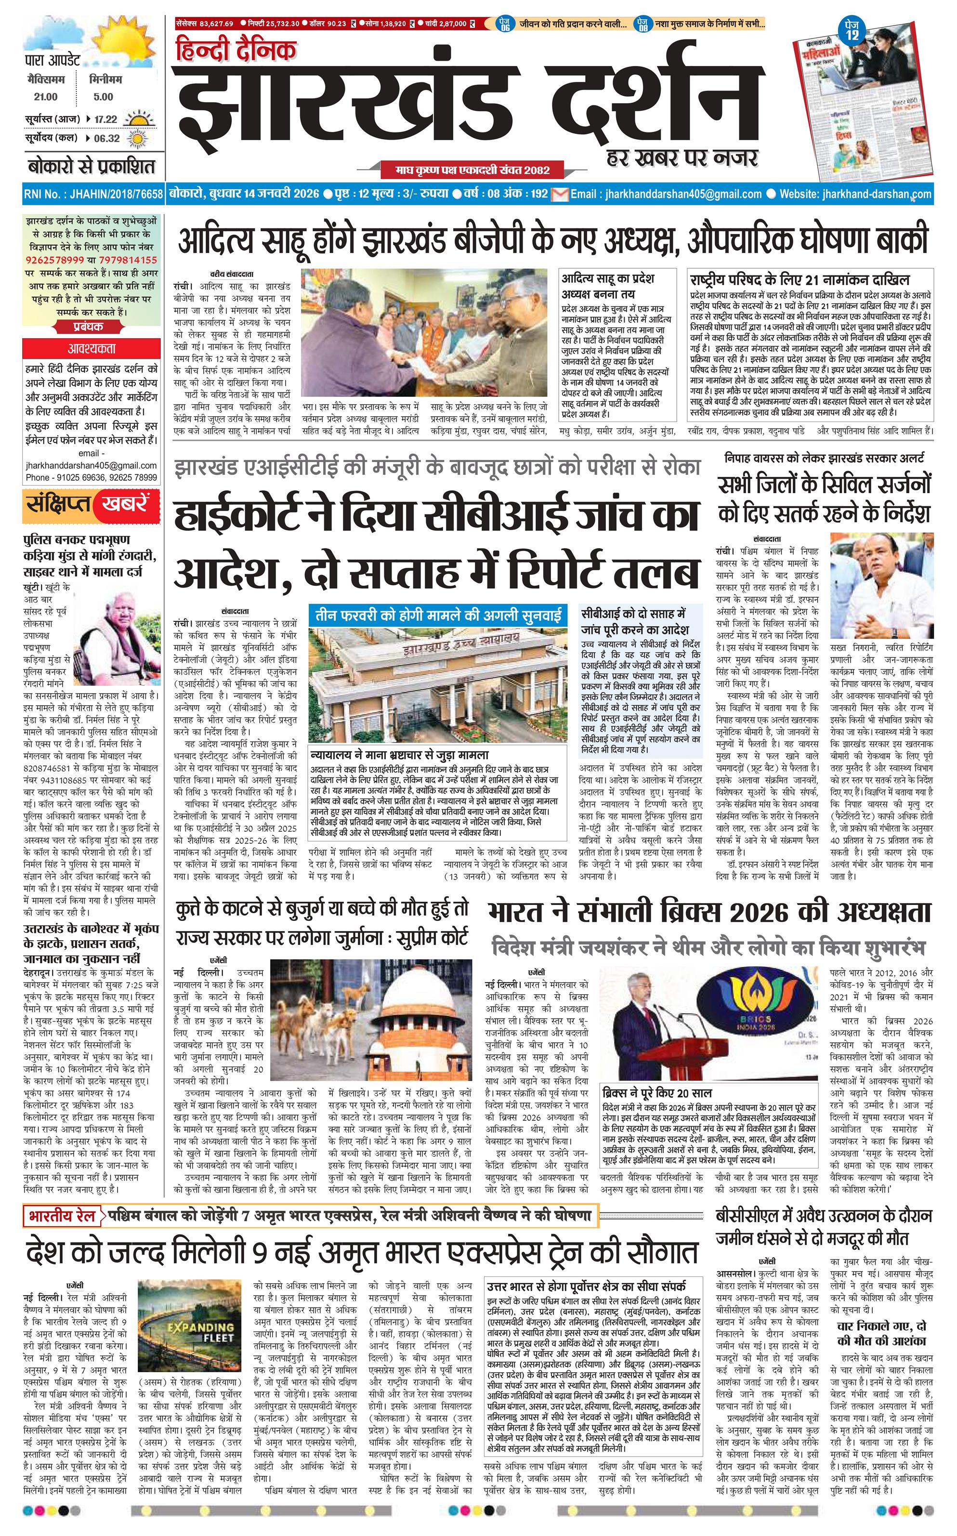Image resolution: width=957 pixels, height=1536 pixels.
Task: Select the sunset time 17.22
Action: coord(106,119)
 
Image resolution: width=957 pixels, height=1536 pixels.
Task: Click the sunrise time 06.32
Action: coord(106,139)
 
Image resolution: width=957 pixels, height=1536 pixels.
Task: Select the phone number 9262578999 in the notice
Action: coord(55,260)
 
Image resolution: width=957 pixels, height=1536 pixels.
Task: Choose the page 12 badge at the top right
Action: coord(852,32)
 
